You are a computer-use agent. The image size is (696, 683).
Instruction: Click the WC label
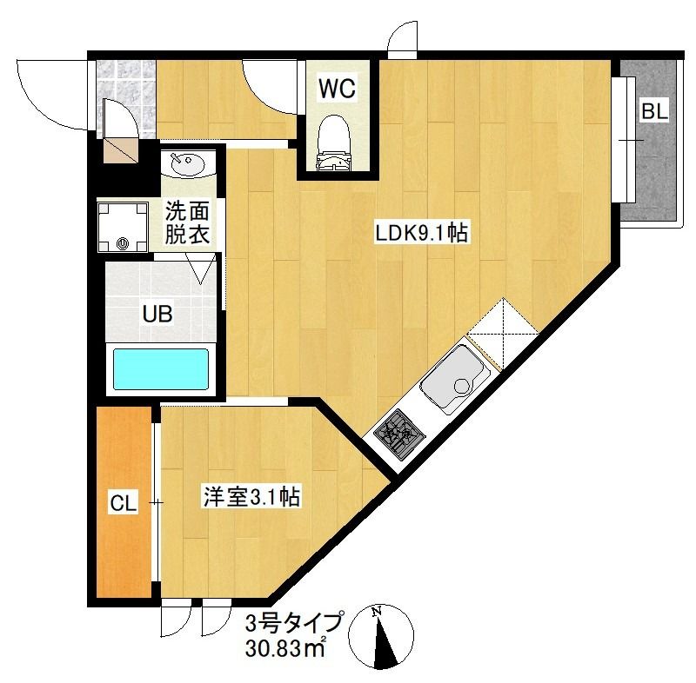pyautogui.click(x=337, y=89)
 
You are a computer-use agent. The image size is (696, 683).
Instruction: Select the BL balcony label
pyautogui.click(x=654, y=111)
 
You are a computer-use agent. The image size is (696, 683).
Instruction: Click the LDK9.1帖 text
pyautogui.click(x=421, y=233)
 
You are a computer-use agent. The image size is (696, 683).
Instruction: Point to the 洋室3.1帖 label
pyautogui.click(x=251, y=496)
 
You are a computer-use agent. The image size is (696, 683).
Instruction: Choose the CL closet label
pyautogui.click(x=123, y=503)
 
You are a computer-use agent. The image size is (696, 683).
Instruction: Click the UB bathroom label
pyautogui.click(x=157, y=314)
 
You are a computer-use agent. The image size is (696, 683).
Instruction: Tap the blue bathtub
pyautogui.click(x=161, y=369)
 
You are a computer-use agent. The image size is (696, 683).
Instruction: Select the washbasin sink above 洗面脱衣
pyautogui.click(x=188, y=164)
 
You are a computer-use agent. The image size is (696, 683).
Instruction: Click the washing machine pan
pyautogui.click(x=123, y=227)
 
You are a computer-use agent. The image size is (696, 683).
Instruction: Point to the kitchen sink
pyautogui.click(x=455, y=379)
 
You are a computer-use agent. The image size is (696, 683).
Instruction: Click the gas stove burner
pyautogui.click(x=399, y=434)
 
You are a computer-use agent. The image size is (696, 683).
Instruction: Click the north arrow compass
pyautogui.click(x=381, y=636)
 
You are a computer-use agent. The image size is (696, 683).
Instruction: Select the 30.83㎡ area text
pyautogui.click(x=286, y=648)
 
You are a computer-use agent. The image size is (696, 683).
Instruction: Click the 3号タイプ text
pyautogui.click(x=294, y=622)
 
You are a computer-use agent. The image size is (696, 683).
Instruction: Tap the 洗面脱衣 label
pyautogui.click(x=187, y=222)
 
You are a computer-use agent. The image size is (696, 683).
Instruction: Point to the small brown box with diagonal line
pyautogui.click(x=120, y=149)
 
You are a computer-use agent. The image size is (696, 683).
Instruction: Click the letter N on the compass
pyautogui.click(x=377, y=612)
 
